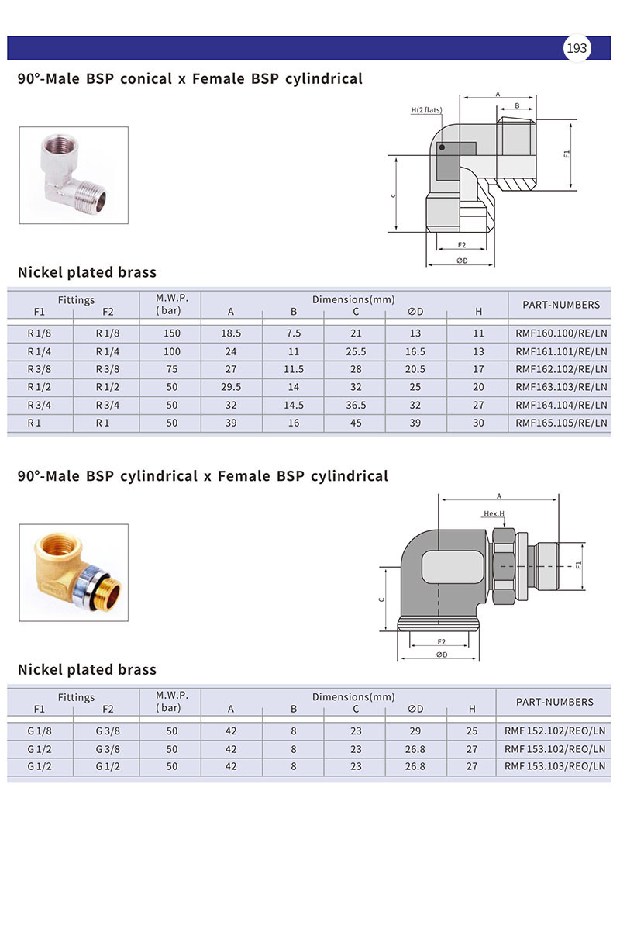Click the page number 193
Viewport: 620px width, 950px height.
point(577,48)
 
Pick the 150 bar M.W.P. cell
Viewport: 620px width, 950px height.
point(171,333)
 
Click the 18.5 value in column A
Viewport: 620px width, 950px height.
point(231,333)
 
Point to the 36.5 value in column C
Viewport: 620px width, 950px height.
point(356,405)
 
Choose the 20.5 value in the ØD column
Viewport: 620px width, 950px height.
point(415,369)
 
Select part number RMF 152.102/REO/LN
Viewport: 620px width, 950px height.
point(554,731)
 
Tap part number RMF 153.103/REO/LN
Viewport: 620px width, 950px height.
point(554,766)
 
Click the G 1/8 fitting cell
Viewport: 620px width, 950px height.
point(40,731)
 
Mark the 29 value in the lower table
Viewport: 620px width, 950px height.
point(415,731)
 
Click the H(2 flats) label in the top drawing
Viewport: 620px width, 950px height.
point(426,110)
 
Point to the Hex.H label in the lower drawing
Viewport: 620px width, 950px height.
point(494,513)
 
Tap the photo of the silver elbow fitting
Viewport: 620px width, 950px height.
point(74,175)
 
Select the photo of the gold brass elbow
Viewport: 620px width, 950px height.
point(74,572)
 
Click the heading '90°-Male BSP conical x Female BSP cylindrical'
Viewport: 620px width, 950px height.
point(190,78)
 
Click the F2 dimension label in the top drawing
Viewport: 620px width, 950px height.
point(461,245)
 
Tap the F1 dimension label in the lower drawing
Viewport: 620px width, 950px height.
point(578,565)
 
